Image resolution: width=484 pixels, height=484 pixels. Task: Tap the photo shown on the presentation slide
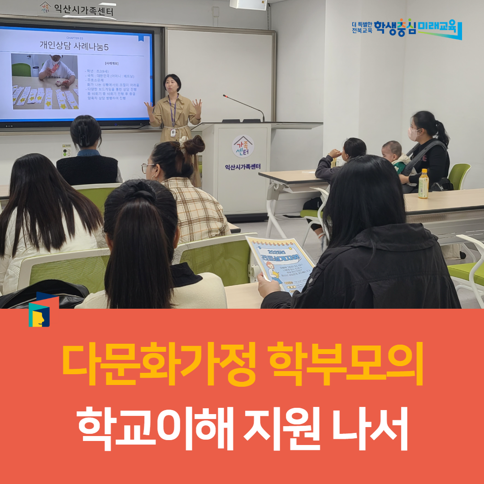tap(44, 81)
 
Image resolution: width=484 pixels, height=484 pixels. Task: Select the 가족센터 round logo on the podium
tap(243, 147)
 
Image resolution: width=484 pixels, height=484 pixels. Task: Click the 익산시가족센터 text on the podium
tap(243, 167)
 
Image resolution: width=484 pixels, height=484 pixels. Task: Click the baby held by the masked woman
tap(393, 155)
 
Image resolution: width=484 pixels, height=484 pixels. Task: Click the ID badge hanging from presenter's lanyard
tap(173, 133)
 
